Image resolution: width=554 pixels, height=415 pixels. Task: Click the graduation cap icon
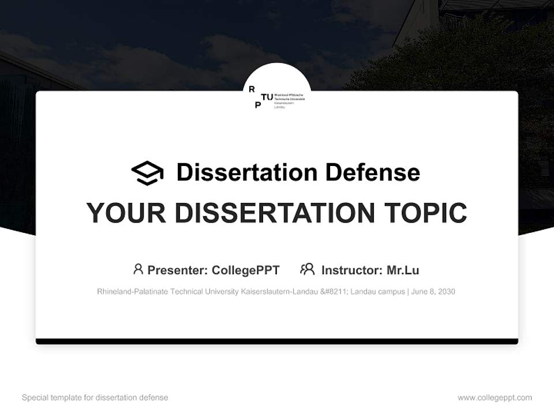(x=147, y=173)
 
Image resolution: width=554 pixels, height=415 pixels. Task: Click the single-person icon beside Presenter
(x=138, y=269)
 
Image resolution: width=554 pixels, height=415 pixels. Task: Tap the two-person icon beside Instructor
(x=308, y=269)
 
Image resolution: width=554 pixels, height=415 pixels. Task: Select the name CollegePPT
(x=246, y=270)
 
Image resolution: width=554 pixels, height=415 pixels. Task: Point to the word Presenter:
(x=178, y=270)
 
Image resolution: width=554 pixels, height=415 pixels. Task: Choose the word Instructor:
(x=351, y=270)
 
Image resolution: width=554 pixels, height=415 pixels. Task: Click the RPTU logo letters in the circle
(x=260, y=97)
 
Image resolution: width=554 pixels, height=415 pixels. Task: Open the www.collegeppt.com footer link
(x=495, y=398)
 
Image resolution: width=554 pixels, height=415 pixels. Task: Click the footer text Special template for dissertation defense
(x=95, y=398)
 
